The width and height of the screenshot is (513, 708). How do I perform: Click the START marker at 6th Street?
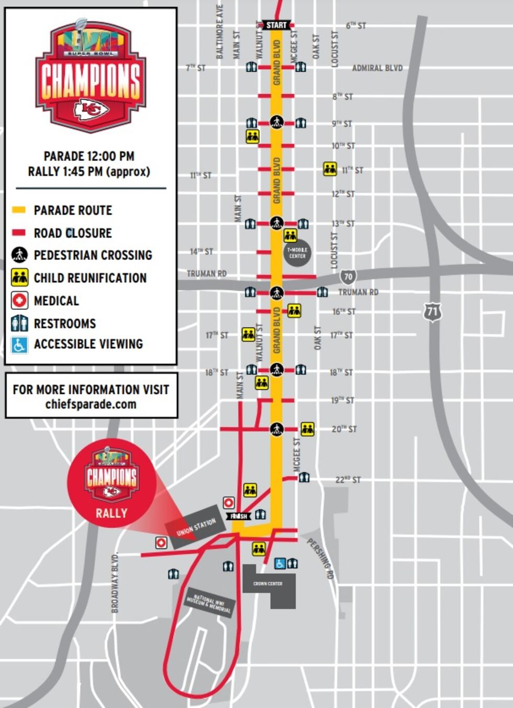click(x=276, y=25)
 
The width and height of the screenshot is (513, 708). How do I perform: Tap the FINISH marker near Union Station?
click(x=239, y=516)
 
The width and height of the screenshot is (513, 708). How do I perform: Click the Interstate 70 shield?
click(x=348, y=276)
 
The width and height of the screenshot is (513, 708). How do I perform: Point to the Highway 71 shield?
click(x=432, y=312)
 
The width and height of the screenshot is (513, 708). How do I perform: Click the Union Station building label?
click(x=196, y=527)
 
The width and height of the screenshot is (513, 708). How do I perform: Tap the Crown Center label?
click(x=268, y=583)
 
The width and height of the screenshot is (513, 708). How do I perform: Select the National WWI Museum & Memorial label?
click(x=208, y=603)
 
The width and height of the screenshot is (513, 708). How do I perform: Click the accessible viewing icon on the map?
click(x=280, y=563)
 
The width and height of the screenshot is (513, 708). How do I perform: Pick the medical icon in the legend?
click(x=20, y=301)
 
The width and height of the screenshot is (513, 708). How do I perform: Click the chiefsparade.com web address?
click(x=91, y=404)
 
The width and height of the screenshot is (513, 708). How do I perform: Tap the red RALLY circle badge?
click(x=111, y=482)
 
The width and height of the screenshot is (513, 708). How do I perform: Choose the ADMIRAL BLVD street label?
click(x=377, y=68)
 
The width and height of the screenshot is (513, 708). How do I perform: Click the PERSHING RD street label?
click(x=320, y=558)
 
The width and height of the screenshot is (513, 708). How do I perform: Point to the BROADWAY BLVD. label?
click(x=115, y=582)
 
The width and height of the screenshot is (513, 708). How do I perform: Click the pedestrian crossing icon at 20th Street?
click(x=276, y=429)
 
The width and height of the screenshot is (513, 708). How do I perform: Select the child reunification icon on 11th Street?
click(x=330, y=169)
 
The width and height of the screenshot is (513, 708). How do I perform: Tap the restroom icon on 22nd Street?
click(x=304, y=478)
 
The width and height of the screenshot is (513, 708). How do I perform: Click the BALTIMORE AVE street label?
click(x=220, y=31)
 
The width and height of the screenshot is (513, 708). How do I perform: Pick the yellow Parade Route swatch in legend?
click(x=19, y=210)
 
